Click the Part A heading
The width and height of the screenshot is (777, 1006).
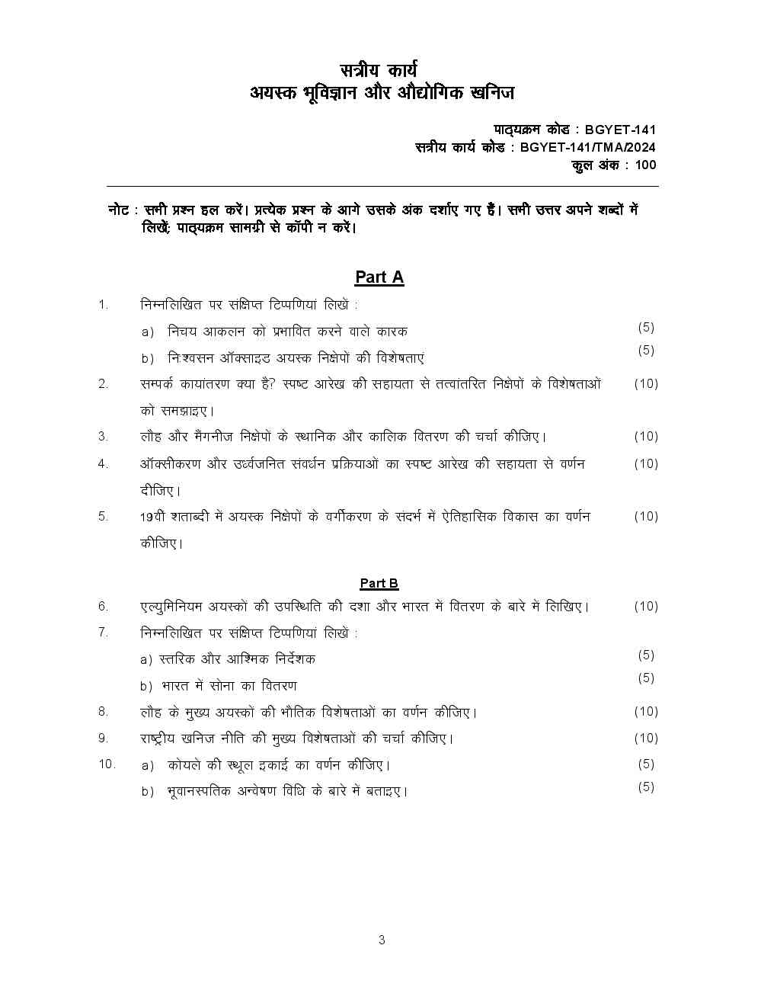coord(379,277)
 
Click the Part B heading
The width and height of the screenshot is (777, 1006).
coord(379,583)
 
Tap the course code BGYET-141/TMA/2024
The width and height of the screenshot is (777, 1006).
coord(587,148)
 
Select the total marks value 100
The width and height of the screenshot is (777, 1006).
coord(644,165)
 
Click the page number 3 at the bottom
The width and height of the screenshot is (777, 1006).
coord(382,940)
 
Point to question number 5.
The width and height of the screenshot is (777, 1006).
coord(103,516)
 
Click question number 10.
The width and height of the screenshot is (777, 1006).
coord(106,764)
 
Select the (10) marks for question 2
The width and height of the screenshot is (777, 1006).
coord(645,383)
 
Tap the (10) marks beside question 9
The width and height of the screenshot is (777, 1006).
coord(645,738)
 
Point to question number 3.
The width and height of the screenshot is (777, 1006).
coord(103,437)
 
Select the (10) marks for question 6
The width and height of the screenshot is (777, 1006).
coord(645,606)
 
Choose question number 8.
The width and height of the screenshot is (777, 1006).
coord(103,711)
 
